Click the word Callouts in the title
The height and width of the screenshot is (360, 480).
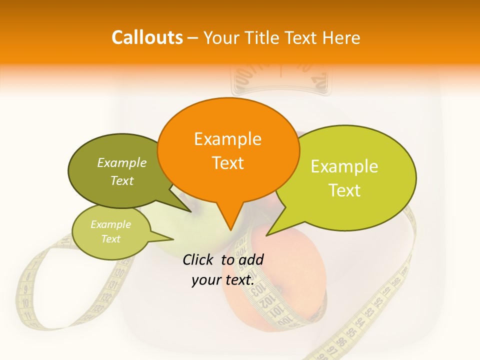147,37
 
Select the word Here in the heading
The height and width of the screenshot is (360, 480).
342,37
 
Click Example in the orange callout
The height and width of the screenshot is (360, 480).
227,139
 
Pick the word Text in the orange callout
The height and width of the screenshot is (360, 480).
227,163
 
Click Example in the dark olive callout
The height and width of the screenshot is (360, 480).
122,162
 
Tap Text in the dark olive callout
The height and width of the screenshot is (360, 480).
122,180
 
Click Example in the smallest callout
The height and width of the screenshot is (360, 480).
110,224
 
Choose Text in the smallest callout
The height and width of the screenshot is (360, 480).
110,239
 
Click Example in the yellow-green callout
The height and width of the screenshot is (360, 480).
344,166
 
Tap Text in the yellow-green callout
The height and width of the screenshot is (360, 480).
344,190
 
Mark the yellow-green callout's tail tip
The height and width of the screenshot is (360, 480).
267,234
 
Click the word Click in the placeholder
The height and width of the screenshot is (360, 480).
198,259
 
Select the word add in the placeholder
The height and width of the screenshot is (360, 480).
251,259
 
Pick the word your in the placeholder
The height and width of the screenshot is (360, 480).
205,280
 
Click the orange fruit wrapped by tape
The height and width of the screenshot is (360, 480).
280,300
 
